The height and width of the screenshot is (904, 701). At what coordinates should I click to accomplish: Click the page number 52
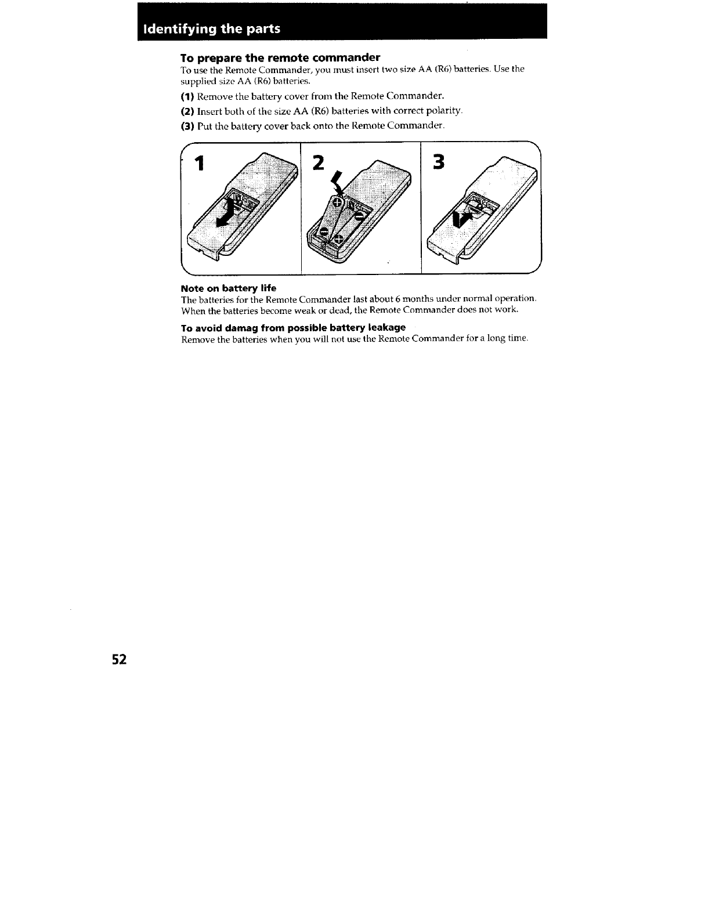tap(119, 660)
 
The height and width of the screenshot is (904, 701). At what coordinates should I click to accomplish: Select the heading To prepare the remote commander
tap(280, 57)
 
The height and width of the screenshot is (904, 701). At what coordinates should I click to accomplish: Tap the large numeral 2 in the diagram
tap(317, 163)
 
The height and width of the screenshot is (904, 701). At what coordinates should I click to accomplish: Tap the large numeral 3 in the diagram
tap(439, 162)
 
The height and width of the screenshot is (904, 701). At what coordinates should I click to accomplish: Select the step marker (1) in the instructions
tap(187, 96)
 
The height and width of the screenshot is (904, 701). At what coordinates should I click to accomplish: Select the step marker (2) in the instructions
tap(187, 111)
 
